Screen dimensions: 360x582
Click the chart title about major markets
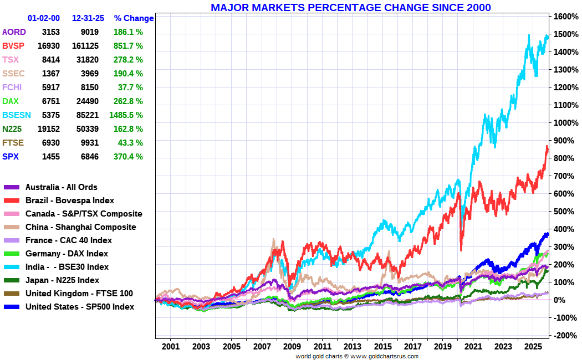(x=350, y=7)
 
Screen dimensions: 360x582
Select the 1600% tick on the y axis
(x=564, y=17)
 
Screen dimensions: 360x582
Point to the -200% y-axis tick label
(x=564, y=335)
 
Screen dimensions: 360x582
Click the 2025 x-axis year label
(x=533, y=347)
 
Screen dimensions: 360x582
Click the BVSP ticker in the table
(x=13, y=45)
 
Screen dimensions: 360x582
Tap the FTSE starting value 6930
(x=51, y=142)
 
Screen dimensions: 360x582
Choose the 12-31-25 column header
(x=85, y=18)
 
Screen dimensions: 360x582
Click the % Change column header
(x=134, y=18)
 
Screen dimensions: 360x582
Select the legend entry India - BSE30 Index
(x=67, y=266)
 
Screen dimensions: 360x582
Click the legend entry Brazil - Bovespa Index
(x=70, y=200)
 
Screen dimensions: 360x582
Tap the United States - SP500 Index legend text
(x=80, y=306)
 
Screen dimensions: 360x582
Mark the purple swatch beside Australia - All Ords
(x=12, y=187)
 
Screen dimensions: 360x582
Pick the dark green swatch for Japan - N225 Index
(x=12, y=280)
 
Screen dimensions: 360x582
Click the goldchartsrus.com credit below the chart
(x=357, y=356)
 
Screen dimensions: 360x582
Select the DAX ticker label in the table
(x=11, y=101)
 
